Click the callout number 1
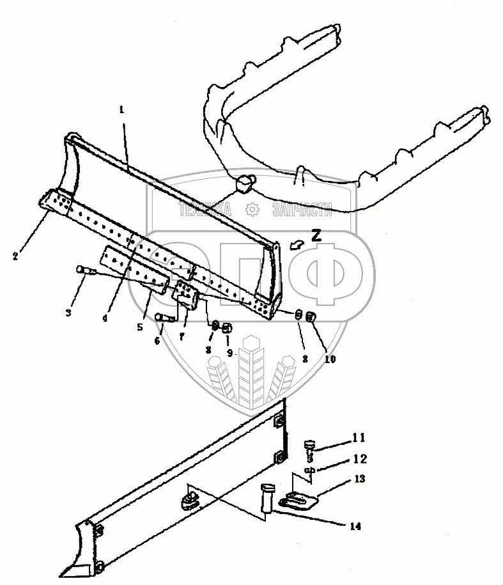click(x=121, y=109)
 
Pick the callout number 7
click(x=183, y=336)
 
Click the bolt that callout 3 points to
click(x=84, y=270)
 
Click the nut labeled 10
click(x=310, y=317)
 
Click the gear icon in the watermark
click(x=252, y=209)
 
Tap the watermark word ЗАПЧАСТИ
click(x=302, y=209)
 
